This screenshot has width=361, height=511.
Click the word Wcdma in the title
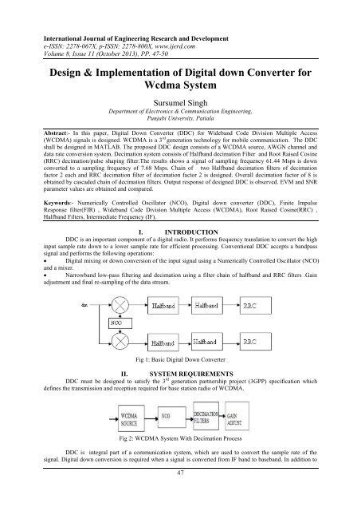[180, 81]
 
